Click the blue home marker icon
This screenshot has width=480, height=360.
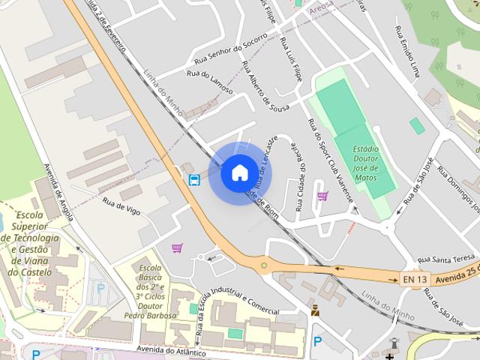tap(239, 173)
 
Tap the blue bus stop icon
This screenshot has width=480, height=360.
tap(194, 180)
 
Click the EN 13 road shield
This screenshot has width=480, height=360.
tap(415, 280)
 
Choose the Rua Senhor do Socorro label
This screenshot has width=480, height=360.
tap(230, 51)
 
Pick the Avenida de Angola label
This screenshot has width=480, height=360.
tap(58, 191)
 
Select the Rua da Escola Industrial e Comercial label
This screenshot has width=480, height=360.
tap(237, 308)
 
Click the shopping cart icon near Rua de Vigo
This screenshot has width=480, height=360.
tap(177, 248)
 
